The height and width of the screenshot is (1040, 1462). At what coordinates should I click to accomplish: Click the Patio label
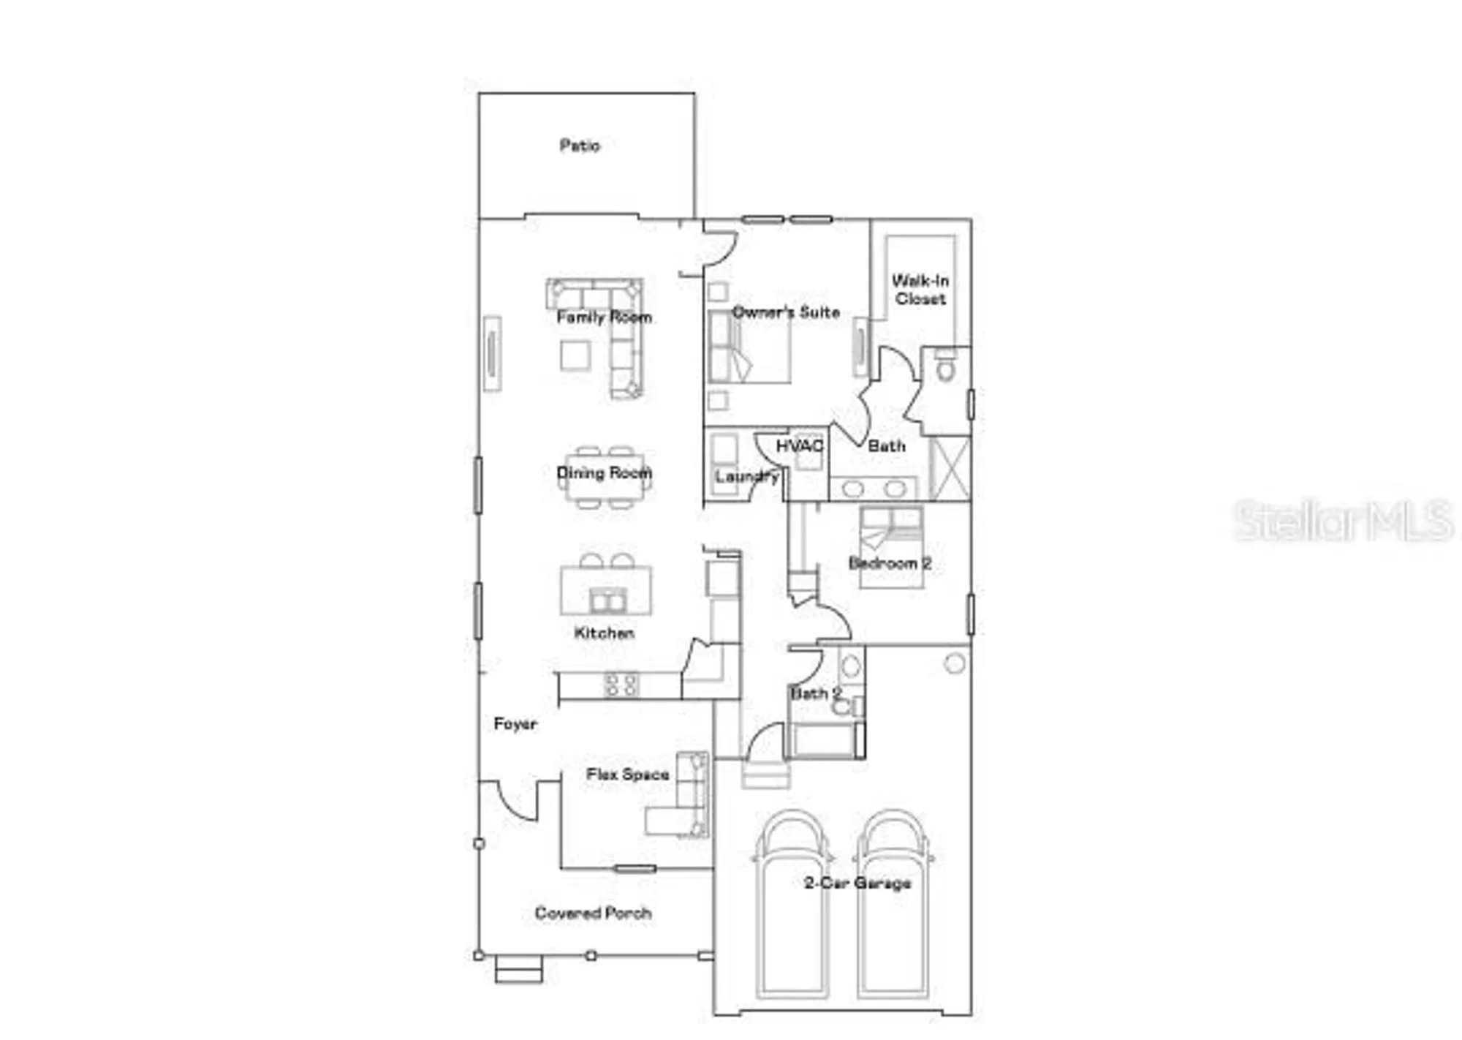click(x=580, y=146)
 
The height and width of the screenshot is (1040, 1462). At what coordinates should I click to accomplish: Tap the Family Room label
click(x=604, y=317)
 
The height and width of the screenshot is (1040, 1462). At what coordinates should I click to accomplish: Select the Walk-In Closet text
click(x=920, y=290)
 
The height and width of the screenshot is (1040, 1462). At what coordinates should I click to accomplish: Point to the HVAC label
click(x=800, y=446)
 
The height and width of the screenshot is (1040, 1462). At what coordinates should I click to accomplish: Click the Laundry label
click(x=746, y=477)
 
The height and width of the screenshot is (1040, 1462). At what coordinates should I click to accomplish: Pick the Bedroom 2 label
click(x=890, y=564)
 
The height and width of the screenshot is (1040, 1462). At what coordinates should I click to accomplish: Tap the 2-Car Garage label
click(x=857, y=883)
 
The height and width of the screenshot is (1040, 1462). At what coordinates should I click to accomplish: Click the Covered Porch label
click(x=593, y=913)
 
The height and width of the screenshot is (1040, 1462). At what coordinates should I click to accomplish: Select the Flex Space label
click(x=627, y=775)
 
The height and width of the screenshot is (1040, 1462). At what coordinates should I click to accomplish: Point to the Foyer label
click(x=515, y=724)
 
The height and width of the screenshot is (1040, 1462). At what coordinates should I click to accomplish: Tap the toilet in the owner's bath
click(x=946, y=366)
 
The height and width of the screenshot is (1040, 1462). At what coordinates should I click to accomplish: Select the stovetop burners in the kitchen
click(x=621, y=685)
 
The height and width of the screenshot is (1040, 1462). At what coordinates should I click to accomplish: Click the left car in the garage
click(x=793, y=907)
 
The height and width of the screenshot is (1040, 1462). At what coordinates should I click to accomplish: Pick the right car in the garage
click(x=893, y=907)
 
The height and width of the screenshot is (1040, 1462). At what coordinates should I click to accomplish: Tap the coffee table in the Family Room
click(x=575, y=356)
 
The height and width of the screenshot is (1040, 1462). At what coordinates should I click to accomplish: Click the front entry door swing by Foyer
click(x=518, y=801)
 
